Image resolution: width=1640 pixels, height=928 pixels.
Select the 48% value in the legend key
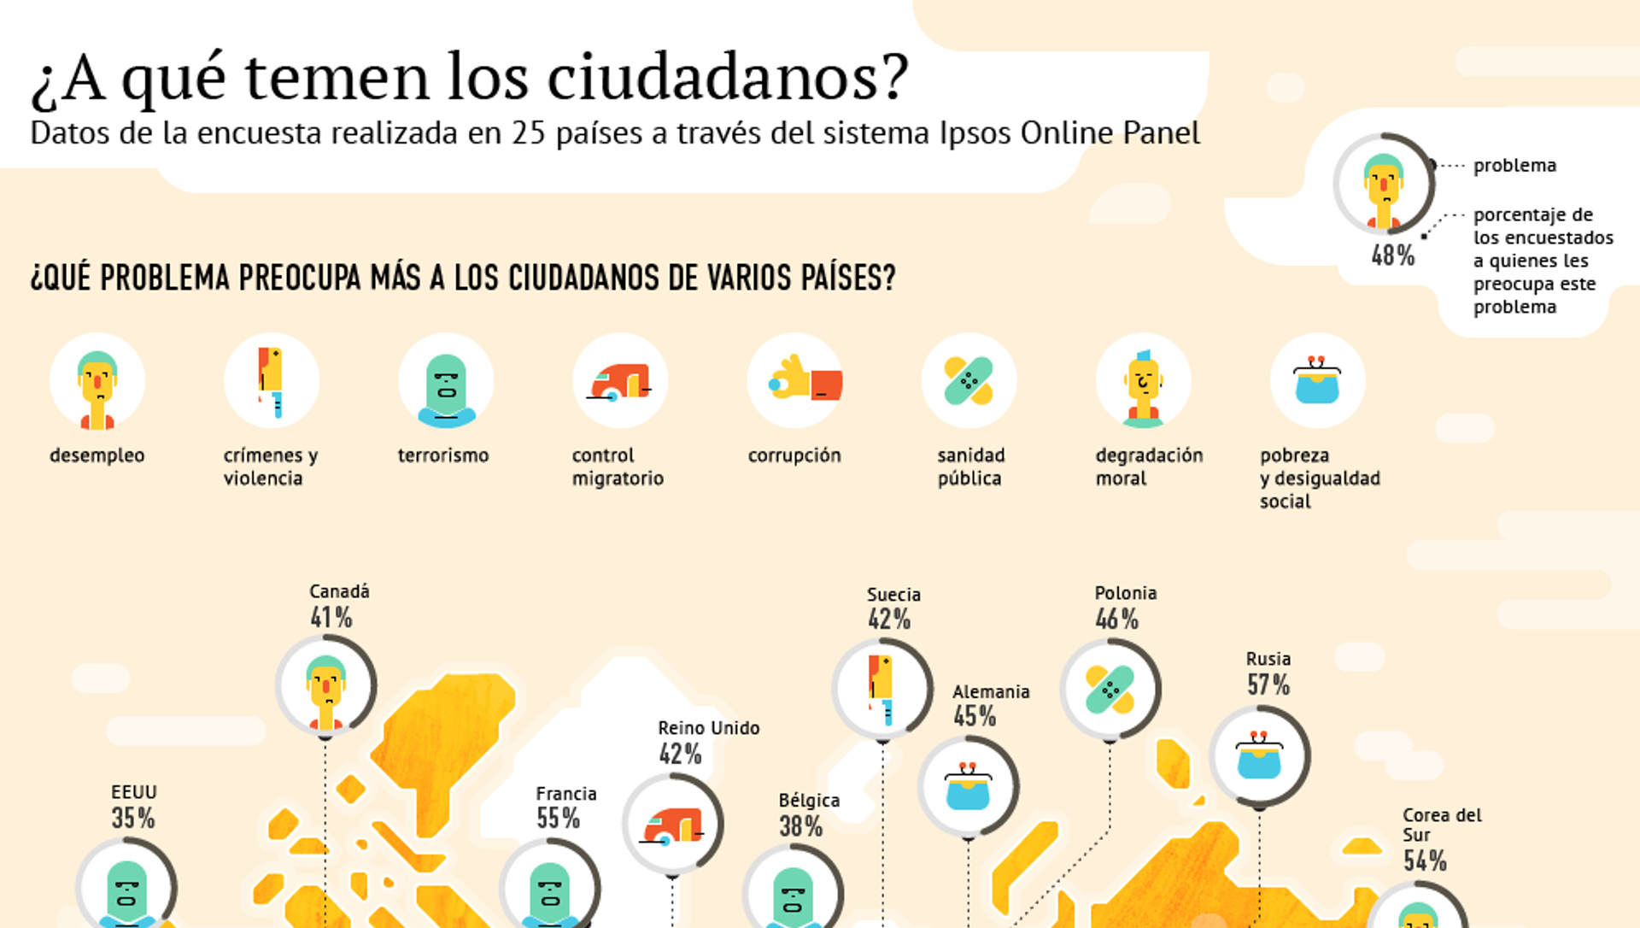pyautogui.click(x=1393, y=255)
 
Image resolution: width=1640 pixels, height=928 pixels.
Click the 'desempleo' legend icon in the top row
pyautogui.click(x=97, y=381)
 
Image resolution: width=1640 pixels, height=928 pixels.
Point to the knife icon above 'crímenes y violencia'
pyautogui.click(x=272, y=381)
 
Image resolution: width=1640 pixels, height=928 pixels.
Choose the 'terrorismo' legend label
pyautogui.click(x=443, y=455)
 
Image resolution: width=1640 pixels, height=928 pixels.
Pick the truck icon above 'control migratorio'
pyautogui.click(x=620, y=381)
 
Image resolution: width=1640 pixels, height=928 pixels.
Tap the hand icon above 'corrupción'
pyautogui.click(x=795, y=381)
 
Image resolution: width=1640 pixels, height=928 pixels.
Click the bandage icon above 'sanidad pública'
pyautogui.click(x=969, y=381)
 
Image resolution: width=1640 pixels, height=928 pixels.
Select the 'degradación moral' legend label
pyautogui.click(x=1149, y=467)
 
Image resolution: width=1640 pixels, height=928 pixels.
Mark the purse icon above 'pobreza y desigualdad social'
pyautogui.click(x=1317, y=381)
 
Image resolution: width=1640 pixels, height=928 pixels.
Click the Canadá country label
pyautogui.click(x=339, y=591)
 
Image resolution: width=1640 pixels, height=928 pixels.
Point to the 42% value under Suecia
pyautogui.click(x=889, y=620)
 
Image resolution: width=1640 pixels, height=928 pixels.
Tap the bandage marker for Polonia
pyautogui.click(x=1110, y=690)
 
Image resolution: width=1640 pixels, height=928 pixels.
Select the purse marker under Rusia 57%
pyautogui.click(x=1259, y=756)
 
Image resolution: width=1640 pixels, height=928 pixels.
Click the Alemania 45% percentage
pyautogui.click(x=975, y=716)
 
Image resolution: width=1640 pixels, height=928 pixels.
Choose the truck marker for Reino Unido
pyautogui.click(x=672, y=825)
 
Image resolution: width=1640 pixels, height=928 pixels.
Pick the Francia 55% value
pyautogui.click(x=558, y=818)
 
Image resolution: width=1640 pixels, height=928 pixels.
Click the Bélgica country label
pyautogui.click(x=809, y=801)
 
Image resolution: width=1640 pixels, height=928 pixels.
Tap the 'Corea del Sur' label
pyautogui.click(x=1442, y=825)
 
